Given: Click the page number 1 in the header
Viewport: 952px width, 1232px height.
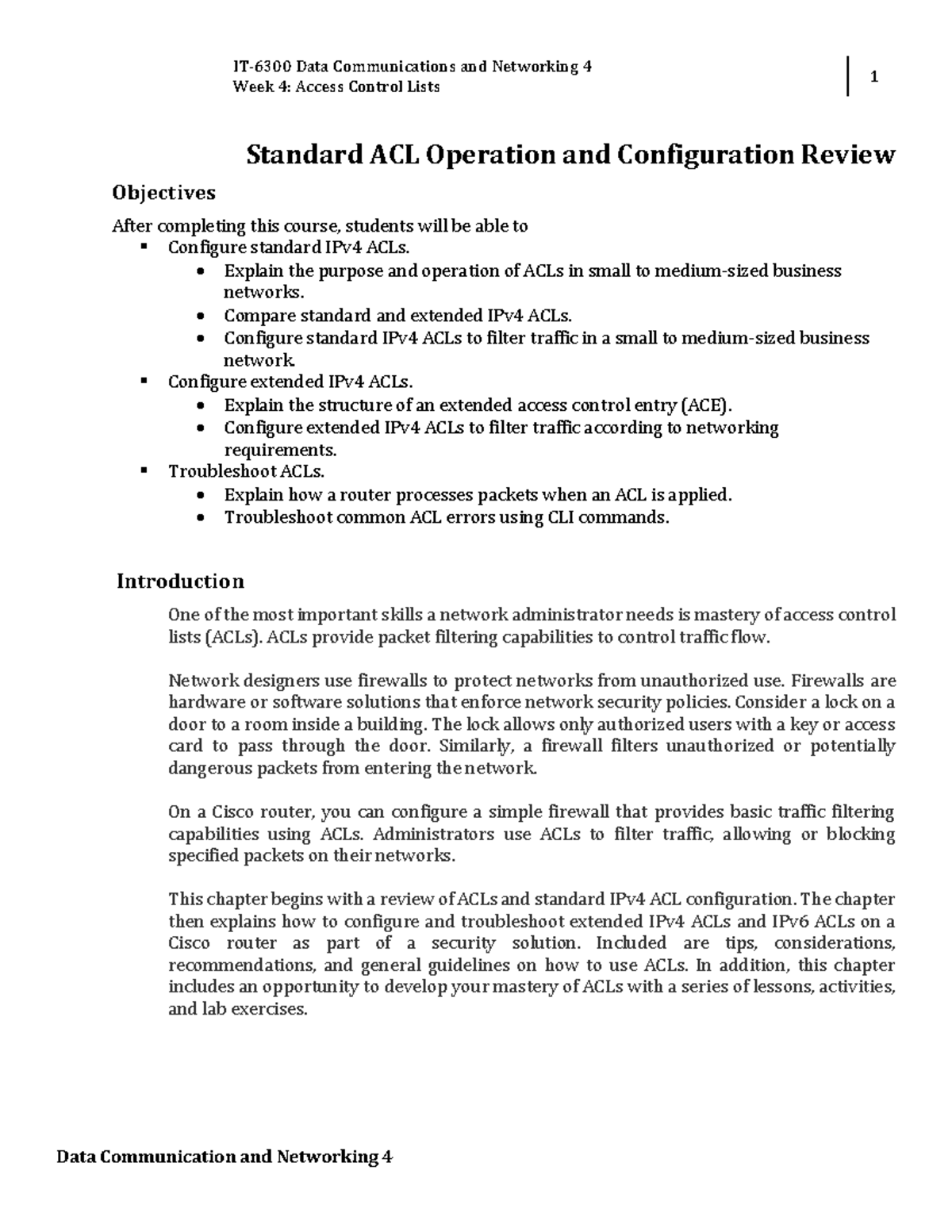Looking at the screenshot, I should click(x=874, y=78).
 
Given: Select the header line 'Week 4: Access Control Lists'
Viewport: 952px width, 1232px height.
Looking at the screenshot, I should click(x=336, y=86).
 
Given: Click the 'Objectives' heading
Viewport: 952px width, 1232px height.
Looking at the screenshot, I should click(x=163, y=193).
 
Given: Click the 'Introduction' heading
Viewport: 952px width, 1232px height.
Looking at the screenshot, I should click(x=180, y=581).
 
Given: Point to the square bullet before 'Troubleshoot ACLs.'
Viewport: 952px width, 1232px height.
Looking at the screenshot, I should click(x=144, y=470).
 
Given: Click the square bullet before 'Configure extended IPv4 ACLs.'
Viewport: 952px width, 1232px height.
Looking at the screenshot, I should click(x=144, y=381).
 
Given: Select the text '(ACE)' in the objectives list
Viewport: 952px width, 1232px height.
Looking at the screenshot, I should click(x=705, y=405).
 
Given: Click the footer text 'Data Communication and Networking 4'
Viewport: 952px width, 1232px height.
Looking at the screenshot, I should click(x=225, y=1157).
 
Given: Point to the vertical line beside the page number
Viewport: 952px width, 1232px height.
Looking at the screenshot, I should click(x=848, y=77).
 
